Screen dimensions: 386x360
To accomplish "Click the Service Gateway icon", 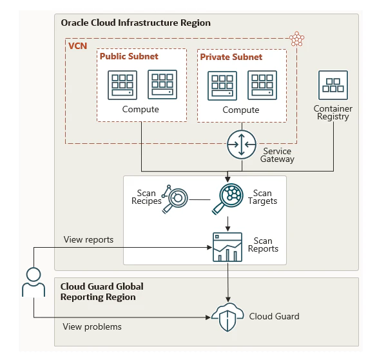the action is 242,145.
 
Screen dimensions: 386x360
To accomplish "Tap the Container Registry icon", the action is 333,85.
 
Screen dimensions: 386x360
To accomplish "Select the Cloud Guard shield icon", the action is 227,317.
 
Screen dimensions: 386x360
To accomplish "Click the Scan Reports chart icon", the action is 227,247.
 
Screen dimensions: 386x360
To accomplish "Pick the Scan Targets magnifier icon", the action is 227,199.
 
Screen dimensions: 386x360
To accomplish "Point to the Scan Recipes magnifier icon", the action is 175,199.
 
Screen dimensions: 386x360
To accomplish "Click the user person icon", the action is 34,282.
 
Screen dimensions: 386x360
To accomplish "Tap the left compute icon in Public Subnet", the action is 122,85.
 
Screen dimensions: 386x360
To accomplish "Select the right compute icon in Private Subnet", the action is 262,85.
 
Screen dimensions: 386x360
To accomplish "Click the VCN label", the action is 78,46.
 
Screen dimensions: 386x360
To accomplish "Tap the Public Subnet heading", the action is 129,56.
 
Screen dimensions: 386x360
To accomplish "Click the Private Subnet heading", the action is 231,57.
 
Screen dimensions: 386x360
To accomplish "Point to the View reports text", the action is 89,239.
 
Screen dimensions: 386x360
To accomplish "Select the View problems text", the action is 92,326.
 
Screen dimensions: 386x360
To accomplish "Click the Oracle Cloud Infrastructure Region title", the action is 135,23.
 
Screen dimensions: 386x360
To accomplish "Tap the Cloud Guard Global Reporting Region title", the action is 102,292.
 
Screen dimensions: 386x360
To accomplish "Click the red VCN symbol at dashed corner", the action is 296,39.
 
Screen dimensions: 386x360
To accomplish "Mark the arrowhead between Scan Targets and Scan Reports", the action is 227,228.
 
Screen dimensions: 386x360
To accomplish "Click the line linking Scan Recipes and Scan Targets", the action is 200,199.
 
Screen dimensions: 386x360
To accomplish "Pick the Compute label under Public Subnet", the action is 140,109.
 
